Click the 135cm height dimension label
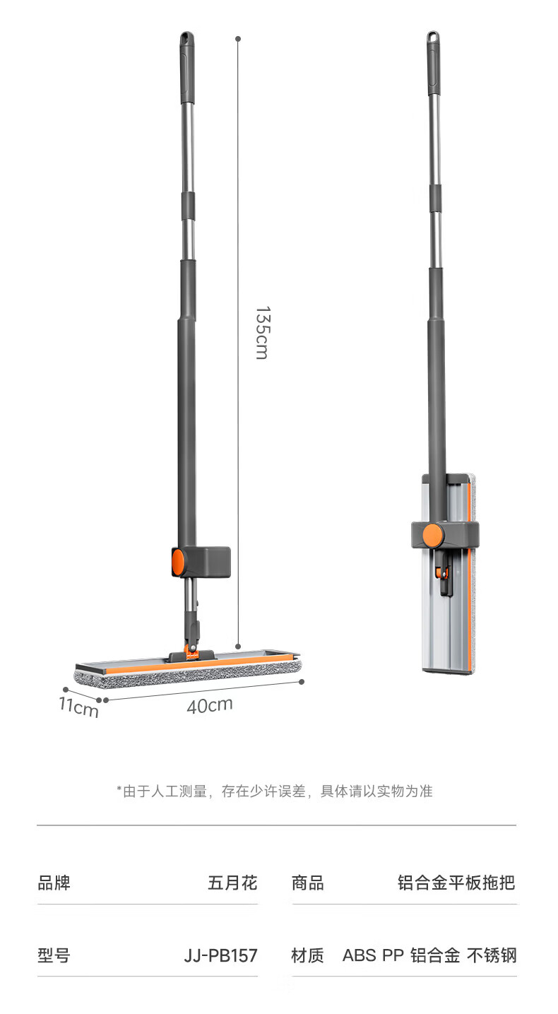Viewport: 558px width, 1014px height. (262, 333)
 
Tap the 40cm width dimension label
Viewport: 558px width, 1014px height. (210, 705)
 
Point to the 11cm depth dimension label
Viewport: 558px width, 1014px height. (78, 707)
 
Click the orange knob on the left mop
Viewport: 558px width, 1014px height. (177, 562)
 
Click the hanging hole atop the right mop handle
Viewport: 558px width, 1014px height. (433, 37)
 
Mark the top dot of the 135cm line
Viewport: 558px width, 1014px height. (238, 39)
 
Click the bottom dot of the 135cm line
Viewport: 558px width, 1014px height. (239, 647)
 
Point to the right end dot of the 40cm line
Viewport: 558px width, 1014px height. (302, 682)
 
